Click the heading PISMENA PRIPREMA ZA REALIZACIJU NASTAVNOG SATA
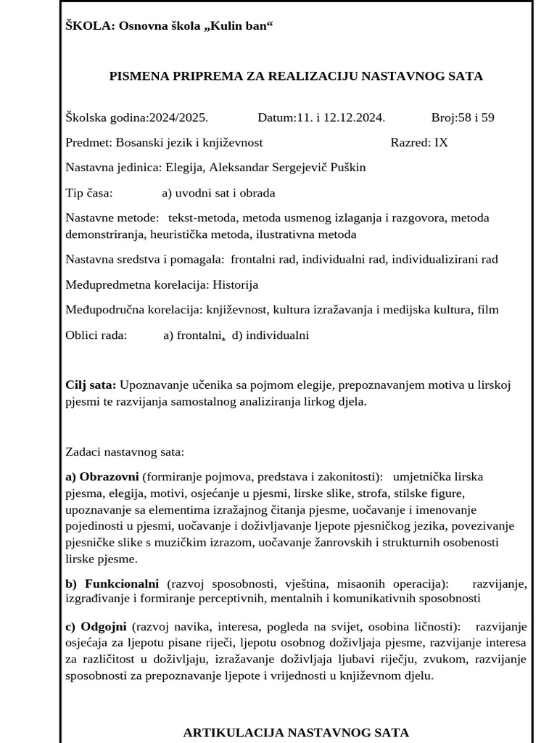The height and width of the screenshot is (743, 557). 296,76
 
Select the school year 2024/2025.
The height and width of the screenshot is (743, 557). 178,118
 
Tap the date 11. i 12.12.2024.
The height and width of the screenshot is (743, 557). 340,118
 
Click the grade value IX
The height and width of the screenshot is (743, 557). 441,142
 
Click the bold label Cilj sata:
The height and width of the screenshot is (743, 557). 91,385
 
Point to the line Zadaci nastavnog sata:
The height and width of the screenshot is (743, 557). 125,452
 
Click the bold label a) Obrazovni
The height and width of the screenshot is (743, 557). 102,477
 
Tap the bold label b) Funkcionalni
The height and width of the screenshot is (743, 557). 112,584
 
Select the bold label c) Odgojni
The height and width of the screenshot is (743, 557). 96,626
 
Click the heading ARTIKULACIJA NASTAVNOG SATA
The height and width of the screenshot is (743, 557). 296,732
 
